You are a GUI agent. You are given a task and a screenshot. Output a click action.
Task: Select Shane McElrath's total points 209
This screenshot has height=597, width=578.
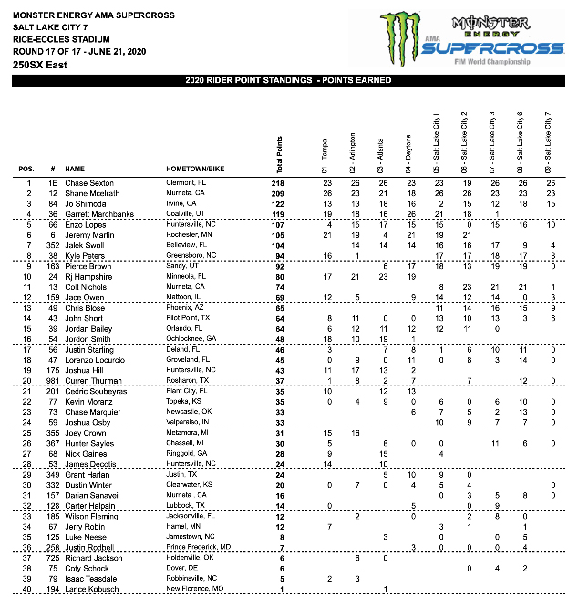pyautogui.click(x=277, y=193)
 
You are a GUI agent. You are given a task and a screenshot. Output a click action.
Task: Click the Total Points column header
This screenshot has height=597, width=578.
pyautogui.click(x=277, y=146)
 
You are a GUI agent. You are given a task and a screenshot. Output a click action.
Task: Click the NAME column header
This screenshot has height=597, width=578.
pyautogui.click(x=75, y=170)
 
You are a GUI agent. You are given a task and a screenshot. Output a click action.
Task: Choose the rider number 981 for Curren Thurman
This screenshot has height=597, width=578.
pyautogui.click(x=53, y=382)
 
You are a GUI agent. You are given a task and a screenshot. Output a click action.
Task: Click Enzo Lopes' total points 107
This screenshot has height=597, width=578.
pyautogui.click(x=277, y=225)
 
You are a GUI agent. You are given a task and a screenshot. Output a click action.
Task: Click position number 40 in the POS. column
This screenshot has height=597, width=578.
pyautogui.click(x=27, y=590)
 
